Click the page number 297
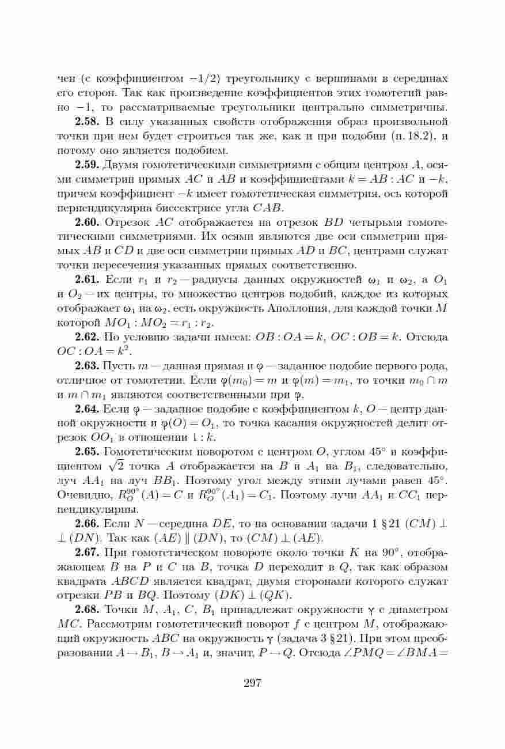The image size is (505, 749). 252,683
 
